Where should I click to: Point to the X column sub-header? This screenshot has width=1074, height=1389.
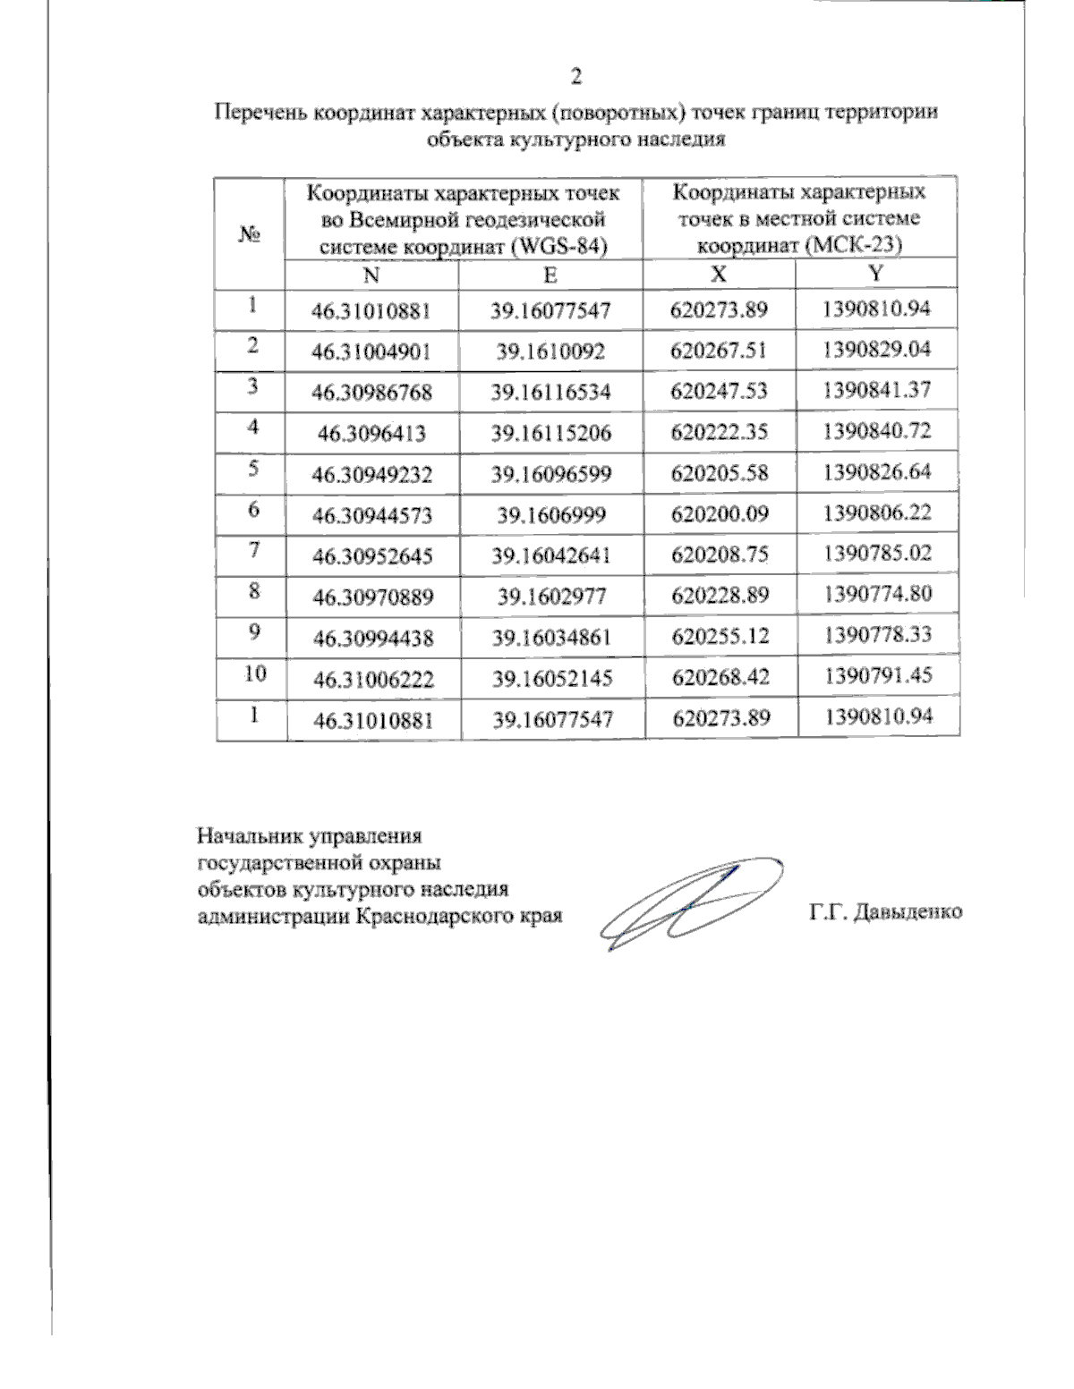point(720,274)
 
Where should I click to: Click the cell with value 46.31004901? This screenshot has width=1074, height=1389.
point(371,351)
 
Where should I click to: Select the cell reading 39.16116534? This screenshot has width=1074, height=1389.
point(550,392)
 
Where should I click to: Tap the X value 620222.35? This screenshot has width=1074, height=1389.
point(720,432)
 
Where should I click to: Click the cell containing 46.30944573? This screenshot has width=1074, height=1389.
point(371,514)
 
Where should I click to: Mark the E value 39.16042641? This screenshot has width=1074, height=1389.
point(550,555)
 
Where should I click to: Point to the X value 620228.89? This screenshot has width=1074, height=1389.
point(720,595)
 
